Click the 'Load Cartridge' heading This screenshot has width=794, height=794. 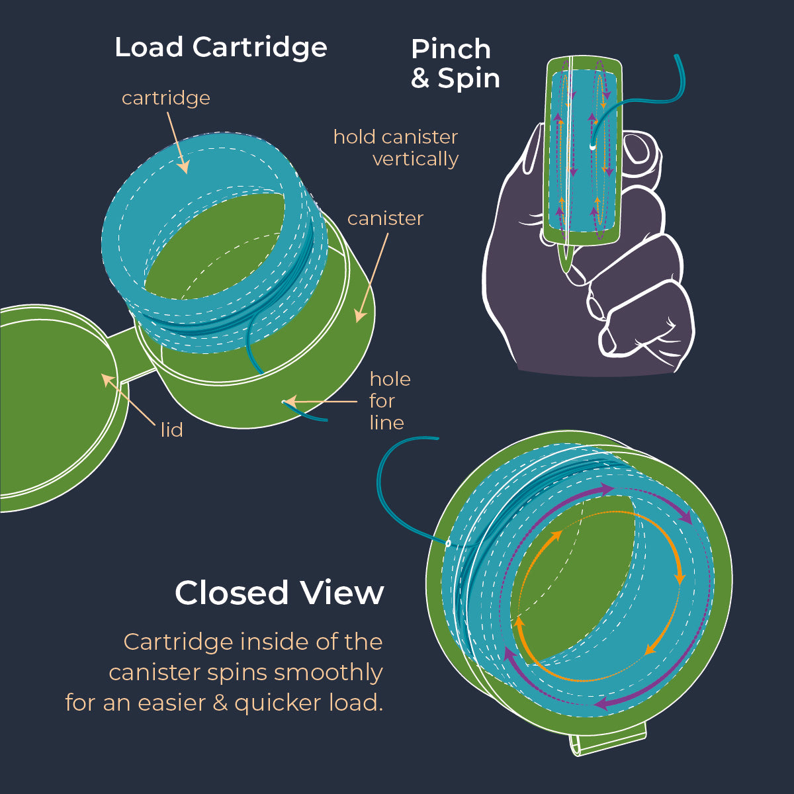[x=220, y=48]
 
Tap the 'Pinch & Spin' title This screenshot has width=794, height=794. [x=455, y=64]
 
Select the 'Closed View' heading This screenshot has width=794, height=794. [x=279, y=593]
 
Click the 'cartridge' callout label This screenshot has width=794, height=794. [x=165, y=98]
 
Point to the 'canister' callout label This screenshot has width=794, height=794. [x=385, y=218]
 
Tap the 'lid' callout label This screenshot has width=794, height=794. [x=171, y=430]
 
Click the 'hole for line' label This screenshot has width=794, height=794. [x=390, y=401]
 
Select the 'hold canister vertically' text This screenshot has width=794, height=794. [x=396, y=148]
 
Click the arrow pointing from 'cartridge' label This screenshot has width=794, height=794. [x=177, y=142]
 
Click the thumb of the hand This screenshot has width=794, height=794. [x=639, y=152]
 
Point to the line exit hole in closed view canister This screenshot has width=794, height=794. [x=448, y=543]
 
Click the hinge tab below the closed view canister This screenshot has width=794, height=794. [x=607, y=740]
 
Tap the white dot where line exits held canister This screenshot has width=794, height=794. [x=592, y=145]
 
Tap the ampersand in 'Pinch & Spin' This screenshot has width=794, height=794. [x=420, y=79]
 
